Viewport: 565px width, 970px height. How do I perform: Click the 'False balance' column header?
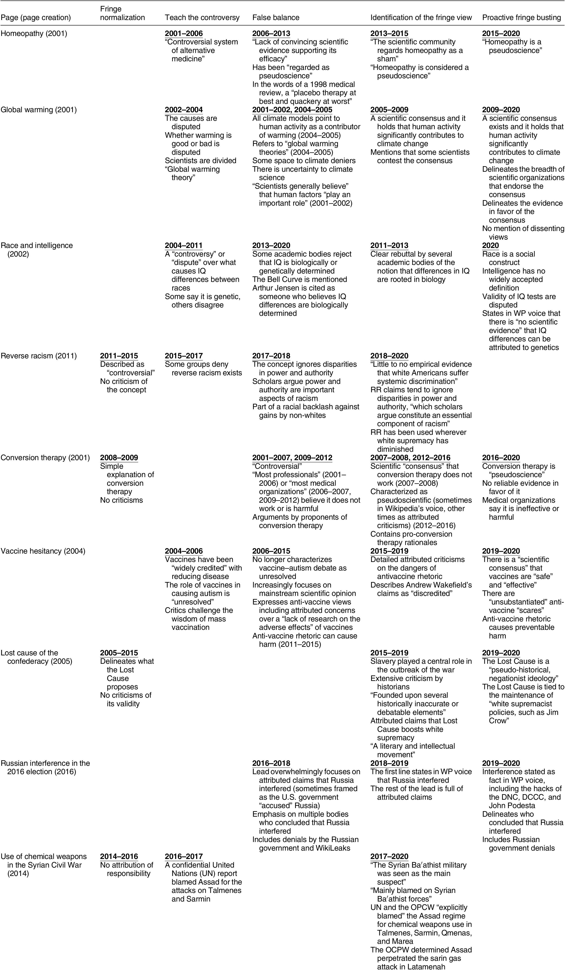[x=276, y=17]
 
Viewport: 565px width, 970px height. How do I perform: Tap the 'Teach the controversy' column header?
[x=202, y=17]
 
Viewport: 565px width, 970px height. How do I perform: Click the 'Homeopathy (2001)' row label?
[x=34, y=34]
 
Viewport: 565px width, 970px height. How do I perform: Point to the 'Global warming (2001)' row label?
[x=38, y=110]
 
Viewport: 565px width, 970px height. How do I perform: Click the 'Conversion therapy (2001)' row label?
[x=45, y=458]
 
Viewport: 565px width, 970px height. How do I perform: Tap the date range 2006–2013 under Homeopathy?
[x=271, y=34]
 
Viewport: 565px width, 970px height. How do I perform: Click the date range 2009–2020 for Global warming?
[x=501, y=110]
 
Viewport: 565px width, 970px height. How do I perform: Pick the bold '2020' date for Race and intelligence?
[x=490, y=246]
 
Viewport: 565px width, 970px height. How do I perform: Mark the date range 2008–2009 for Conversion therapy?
[x=119, y=458]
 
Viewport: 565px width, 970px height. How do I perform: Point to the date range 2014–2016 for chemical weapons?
[x=119, y=857]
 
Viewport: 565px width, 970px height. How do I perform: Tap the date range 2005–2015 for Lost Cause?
[x=119, y=653]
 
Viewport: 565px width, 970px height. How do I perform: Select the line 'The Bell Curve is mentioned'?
[x=299, y=279]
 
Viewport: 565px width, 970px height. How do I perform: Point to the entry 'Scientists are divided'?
[x=200, y=160]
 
